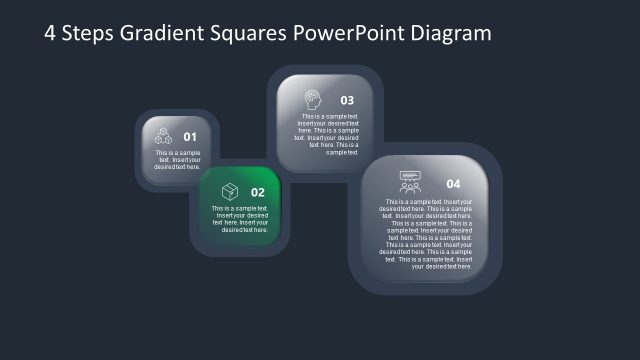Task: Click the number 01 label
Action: point(190,137)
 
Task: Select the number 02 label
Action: point(258,192)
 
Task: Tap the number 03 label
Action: point(347,100)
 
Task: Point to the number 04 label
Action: point(453,184)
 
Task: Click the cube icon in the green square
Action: point(229,191)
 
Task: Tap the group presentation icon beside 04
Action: point(410,182)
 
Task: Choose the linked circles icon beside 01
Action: point(163,137)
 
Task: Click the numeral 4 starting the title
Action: point(51,33)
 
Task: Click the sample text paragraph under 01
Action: point(178,159)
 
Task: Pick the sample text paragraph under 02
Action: point(240,219)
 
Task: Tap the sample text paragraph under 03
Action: point(328,135)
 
